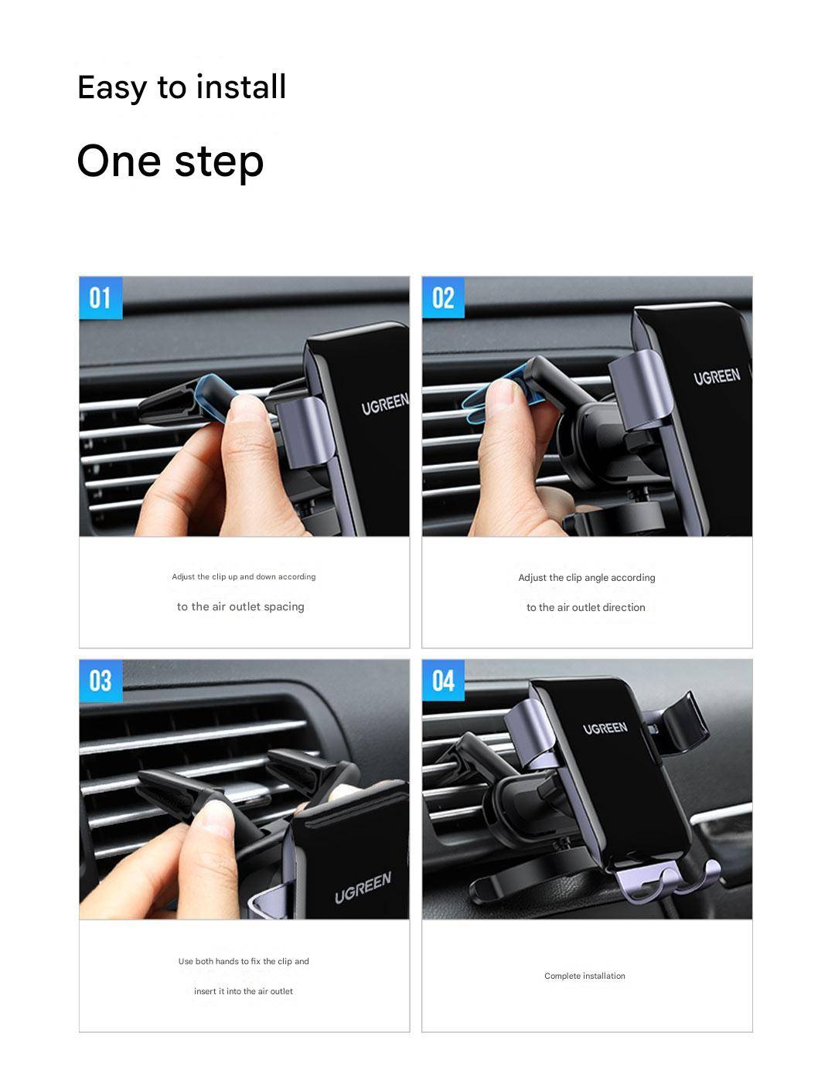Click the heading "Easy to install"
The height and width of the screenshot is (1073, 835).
pyautogui.click(x=182, y=88)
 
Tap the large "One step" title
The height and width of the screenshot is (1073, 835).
pyautogui.click(x=170, y=162)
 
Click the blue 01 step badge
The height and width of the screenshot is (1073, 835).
pyautogui.click(x=101, y=297)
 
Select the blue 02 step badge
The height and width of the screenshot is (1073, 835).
pyautogui.click(x=443, y=297)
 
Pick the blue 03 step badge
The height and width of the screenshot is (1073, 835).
pyautogui.click(x=101, y=681)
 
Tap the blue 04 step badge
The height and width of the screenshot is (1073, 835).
pyautogui.click(x=443, y=681)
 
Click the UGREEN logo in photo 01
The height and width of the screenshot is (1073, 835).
pyautogui.click(x=385, y=404)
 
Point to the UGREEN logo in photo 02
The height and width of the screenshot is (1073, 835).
pyautogui.click(x=717, y=377)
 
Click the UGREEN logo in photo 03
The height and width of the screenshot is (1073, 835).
pyautogui.click(x=363, y=888)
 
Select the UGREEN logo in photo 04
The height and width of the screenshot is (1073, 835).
pyautogui.click(x=605, y=728)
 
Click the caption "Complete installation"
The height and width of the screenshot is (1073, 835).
pyautogui.click(x=584, y=976)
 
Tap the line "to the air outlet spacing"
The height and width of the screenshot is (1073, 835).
pyautogui.click(x=240, y=607)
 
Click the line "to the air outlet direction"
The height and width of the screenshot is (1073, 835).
pyautogui.click(x=586, y=607)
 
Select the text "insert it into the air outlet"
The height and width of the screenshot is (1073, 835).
pyautogui.click(x=244, y=991)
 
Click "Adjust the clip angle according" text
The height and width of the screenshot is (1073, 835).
pyautogui.click(x=587, y=578)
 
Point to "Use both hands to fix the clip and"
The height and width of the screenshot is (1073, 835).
pyautogui.click(x=244, y=962)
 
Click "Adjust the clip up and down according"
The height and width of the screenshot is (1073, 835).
pyautogui.click(x=244, y=577)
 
